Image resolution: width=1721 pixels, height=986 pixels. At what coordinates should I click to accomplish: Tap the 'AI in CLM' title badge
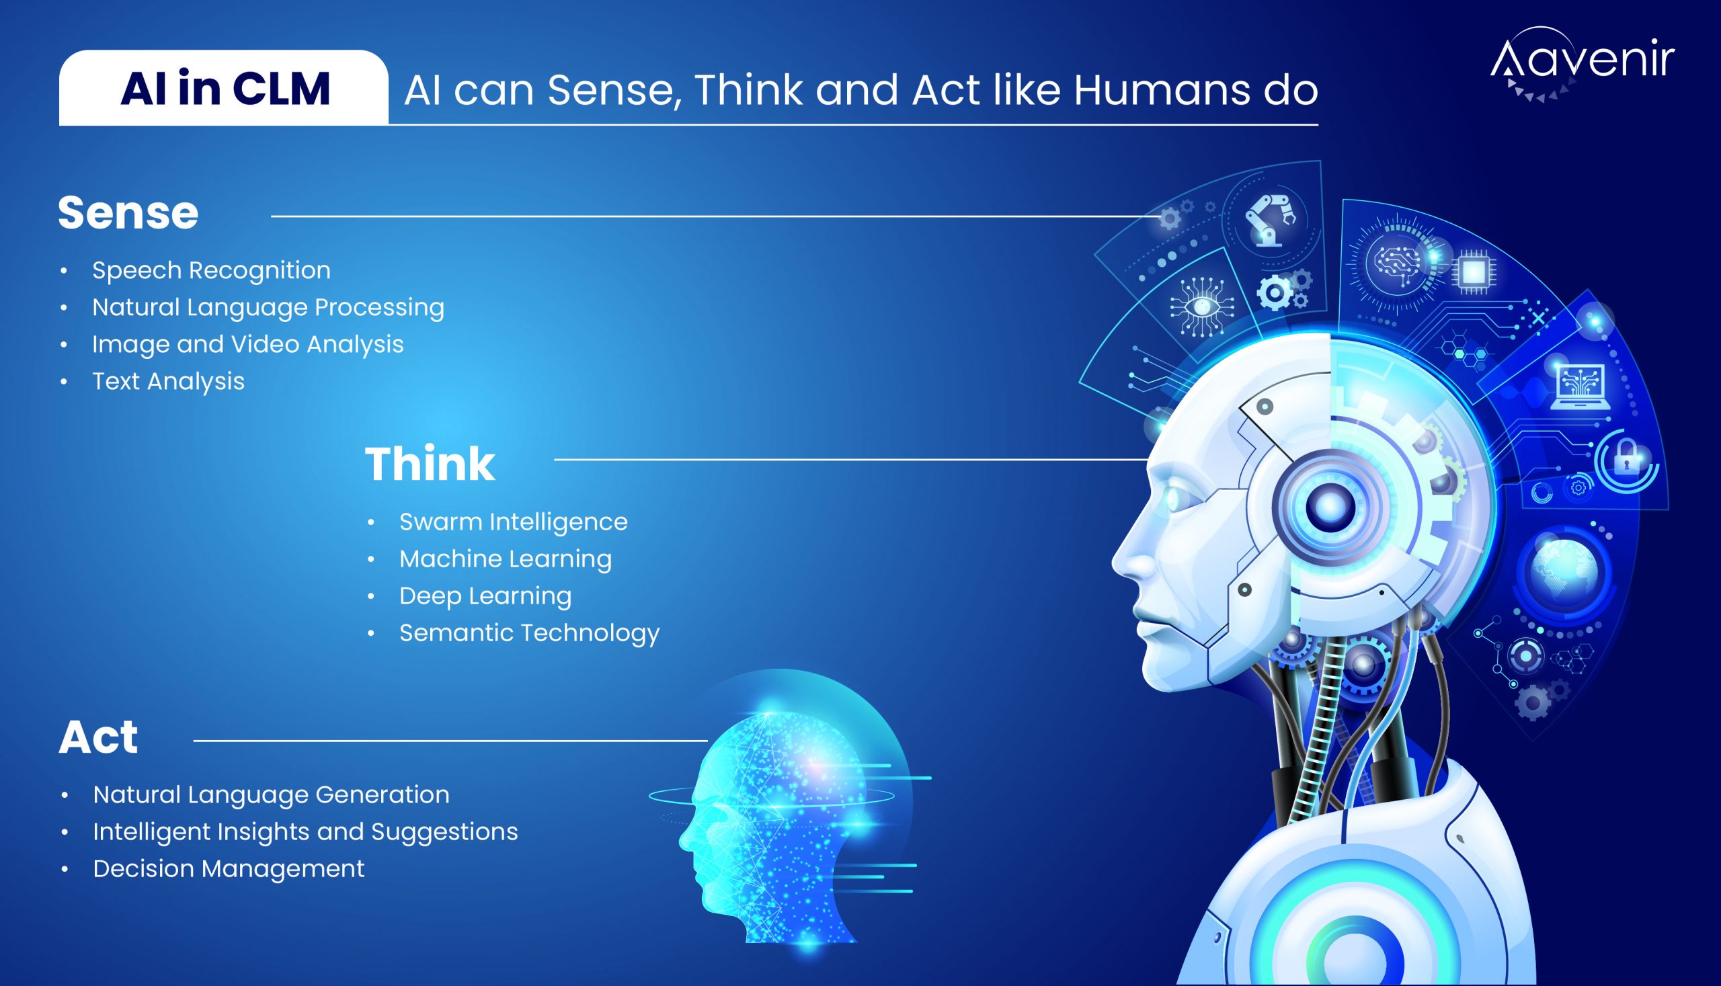pyautogui.click(x=224, y=88)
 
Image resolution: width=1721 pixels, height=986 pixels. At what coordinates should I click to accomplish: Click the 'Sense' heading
pyautogui.click(x=128, y=212)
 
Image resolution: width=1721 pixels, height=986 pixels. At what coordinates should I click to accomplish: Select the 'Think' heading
pyautogui.click(x=430, y=464)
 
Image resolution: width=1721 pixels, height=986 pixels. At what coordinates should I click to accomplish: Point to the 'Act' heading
pyautogui.click(x=98, y=737)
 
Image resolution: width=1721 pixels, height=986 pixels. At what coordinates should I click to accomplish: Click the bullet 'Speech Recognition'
pyautogui.click(x=211, y=270)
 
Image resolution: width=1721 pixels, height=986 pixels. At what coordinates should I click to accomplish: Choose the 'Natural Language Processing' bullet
pyautogui.click(x=268, y=307)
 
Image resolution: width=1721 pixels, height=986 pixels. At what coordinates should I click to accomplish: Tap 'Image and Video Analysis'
pyautogui.click(x=248, y=344)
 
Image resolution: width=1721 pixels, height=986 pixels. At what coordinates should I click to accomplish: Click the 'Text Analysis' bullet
pyautogui.click(x=168, y=381)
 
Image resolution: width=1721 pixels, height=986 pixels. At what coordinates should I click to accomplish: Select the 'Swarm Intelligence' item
pyautogui.click(x=513, y=522)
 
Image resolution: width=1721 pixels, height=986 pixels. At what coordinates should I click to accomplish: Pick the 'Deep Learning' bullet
pyautogui.click(x=485, y=596)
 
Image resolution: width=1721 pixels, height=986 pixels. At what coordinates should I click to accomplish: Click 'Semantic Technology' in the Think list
pyautogui.click(x=529, y=633)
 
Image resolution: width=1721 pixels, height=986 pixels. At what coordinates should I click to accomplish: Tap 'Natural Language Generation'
pyautogui.click(x=271, y=794)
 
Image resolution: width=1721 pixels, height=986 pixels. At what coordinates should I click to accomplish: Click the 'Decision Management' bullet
pyautogui.click(x=229, y=869)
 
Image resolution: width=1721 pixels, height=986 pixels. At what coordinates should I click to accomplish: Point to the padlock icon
pyautogui.click(x=1626, y=458)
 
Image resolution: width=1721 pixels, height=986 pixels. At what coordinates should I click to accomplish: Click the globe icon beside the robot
pyautogui.click(x=1563, y=570)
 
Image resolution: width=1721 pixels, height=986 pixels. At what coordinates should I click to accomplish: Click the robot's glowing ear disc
pyautogui.click(x=1329, y=506)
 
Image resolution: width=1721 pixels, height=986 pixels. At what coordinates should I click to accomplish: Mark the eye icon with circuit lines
pyautogui.click(x=1202, y=306)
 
